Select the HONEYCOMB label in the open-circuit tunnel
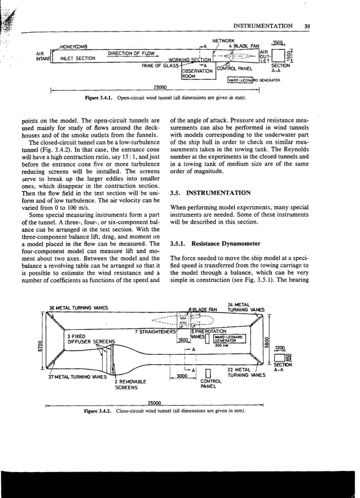[72, 46]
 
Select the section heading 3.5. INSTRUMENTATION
[210, 193]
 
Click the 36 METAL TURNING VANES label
[79, 308]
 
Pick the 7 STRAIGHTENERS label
[156, 332]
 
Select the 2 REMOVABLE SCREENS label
[127, 385]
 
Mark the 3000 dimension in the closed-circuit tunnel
[182, 376]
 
